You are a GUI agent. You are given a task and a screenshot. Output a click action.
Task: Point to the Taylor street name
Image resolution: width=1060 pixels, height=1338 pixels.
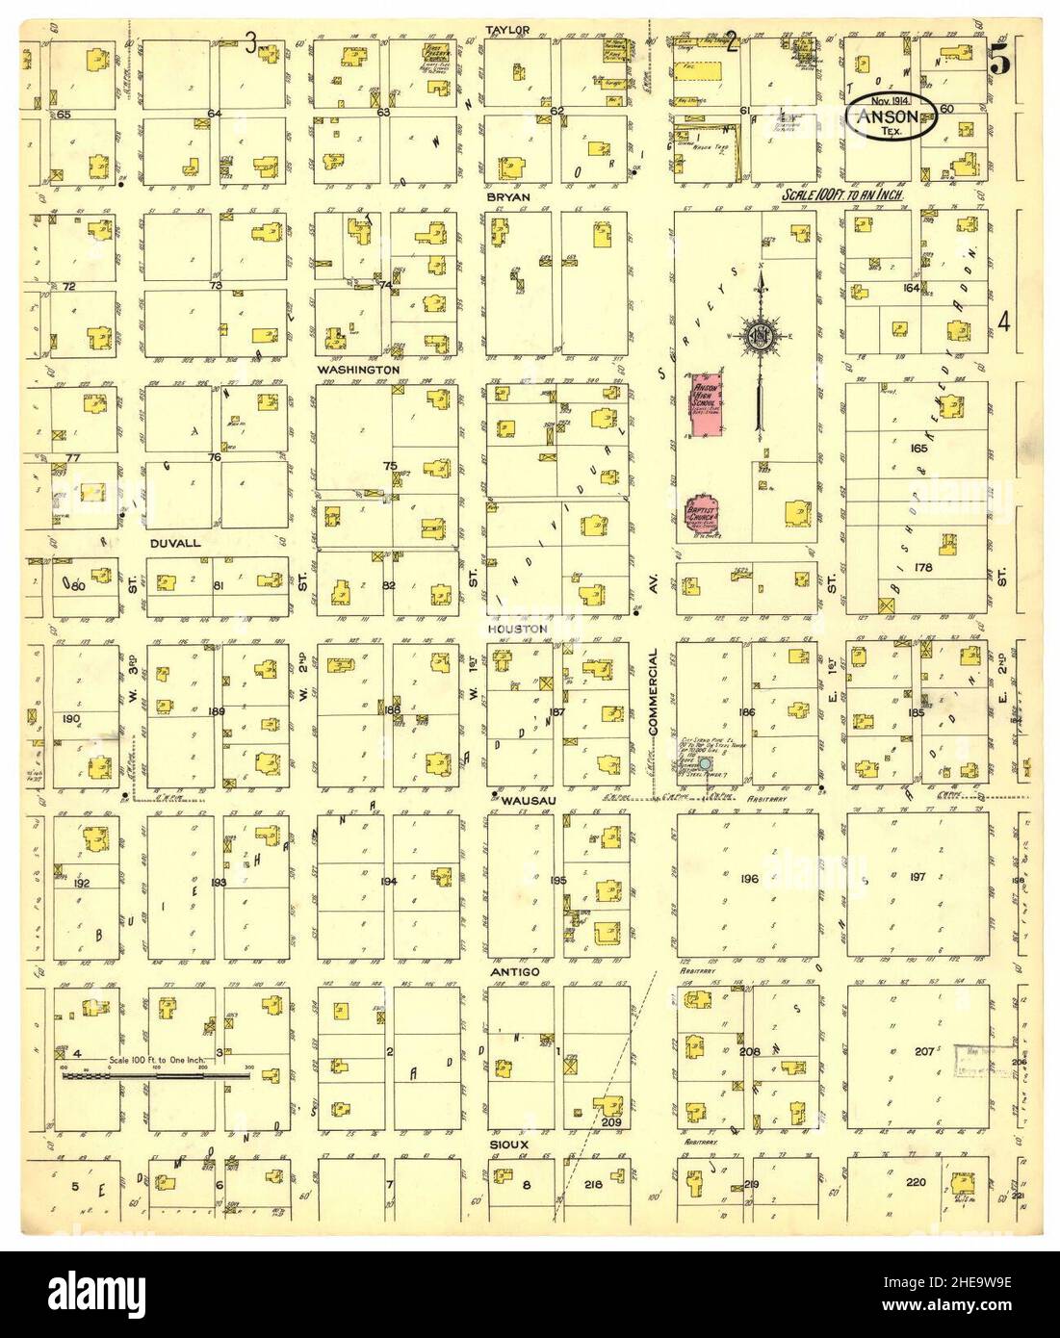tap(509, 30)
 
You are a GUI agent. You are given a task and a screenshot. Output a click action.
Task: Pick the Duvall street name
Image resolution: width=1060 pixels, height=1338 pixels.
tap(175, 543)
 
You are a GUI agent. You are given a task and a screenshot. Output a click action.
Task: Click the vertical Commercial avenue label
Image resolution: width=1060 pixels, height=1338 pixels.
tap(652, 692)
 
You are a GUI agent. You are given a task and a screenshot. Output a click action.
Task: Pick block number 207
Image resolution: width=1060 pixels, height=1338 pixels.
tap(923, 1051)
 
